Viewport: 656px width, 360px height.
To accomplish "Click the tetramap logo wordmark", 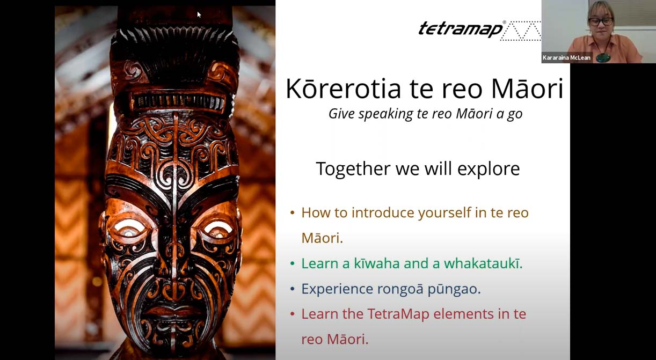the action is [461, 30].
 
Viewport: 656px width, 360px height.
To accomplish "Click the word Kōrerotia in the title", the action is [343, 89].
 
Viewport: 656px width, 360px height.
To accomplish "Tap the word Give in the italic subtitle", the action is [342, 114].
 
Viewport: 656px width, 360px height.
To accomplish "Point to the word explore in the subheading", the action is [489, 169].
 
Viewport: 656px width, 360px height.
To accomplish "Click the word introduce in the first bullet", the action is [383, 212].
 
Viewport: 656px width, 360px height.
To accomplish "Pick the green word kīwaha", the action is [377, 263].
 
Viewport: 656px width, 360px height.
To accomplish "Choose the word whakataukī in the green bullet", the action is [483, 263].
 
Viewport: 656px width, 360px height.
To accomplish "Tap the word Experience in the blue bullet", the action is [337, 289].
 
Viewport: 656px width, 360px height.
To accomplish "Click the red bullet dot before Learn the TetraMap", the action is [292, 314].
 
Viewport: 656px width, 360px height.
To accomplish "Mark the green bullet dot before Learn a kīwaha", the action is [292, 263].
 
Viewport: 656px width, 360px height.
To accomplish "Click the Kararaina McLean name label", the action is [566, 57].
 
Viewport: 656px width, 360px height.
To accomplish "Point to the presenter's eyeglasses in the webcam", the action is [601, 21].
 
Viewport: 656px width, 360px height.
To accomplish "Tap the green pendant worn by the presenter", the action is [603, 57].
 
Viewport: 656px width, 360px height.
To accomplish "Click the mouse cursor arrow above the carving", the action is [199, 14].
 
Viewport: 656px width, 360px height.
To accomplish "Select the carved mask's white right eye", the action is [217, 229].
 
